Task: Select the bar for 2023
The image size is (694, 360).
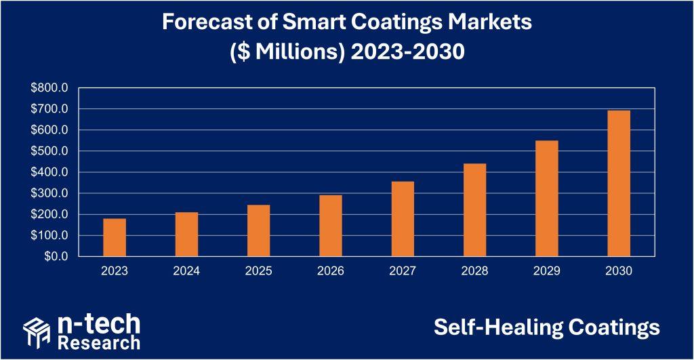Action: pos(115,237)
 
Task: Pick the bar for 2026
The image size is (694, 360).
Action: pos(331,226)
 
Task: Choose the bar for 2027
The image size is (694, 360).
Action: pos(403,219)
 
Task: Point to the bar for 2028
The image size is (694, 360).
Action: pos(474,210)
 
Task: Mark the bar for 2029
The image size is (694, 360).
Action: pos(546,199)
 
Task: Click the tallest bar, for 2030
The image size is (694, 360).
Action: pos(619,183)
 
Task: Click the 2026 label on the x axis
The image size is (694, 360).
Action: pos(331,271)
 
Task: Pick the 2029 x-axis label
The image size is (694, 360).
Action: pos(546,271)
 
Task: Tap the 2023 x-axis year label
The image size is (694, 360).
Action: pos(115,271)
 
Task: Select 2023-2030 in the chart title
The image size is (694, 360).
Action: pos(407,52)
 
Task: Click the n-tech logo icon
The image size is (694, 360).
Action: pos(37,332)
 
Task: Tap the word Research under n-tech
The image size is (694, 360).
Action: pos(99,341)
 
